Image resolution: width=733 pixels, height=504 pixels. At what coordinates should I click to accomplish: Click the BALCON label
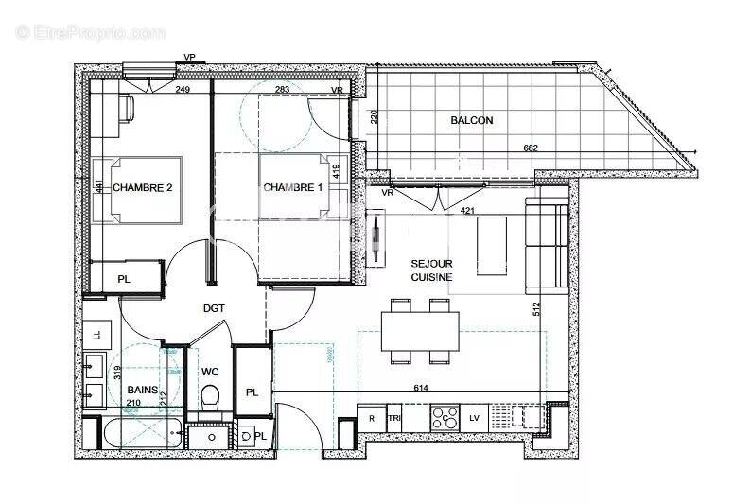pos(471,120)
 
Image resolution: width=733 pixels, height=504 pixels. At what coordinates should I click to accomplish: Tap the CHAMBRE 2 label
pos(143,187)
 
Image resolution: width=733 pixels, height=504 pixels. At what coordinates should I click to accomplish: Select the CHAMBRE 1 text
pos(292,187)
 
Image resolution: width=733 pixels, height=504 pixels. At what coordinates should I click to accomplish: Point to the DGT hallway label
pos(215,308)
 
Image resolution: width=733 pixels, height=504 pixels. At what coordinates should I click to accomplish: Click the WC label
pos(210,371)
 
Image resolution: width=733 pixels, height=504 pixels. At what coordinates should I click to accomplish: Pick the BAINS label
pos(143,389)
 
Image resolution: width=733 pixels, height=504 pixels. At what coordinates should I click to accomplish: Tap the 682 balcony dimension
pos(532,148)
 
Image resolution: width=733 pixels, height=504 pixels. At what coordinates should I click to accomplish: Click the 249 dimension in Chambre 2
pos(183,90)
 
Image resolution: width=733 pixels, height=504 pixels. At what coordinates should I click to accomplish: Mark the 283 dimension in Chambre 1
pos(282,90)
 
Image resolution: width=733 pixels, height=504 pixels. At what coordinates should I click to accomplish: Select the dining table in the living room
pos(420,331)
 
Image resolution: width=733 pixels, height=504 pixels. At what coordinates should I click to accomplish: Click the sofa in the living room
pos(546,245)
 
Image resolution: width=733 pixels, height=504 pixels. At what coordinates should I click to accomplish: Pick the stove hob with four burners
pos(445,418)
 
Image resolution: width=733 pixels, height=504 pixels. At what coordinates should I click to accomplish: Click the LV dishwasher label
pos(474,418)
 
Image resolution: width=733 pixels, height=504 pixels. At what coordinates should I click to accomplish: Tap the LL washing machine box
pos(96,333)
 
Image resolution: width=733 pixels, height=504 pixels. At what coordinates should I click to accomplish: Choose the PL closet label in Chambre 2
pos(124,279)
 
